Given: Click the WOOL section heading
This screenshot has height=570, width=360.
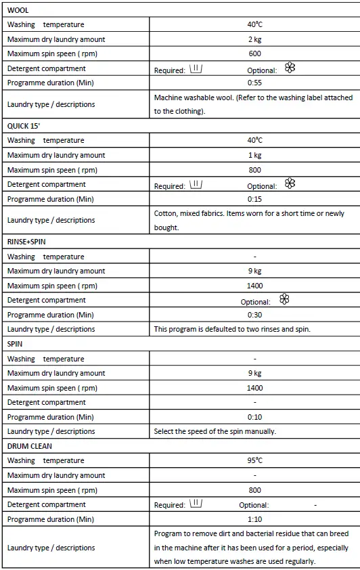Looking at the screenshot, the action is [x=18, y=10].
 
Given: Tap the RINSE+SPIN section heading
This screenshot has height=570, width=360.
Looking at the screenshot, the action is [x=27, y=242].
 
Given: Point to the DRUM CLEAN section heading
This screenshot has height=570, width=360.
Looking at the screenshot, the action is [x=30, y=446].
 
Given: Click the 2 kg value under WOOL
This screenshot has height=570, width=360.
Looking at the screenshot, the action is [x=254, y=39].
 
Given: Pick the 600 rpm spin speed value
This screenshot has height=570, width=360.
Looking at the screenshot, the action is [x=254, y=53].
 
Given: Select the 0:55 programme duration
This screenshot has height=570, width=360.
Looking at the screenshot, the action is [x=254, y=83].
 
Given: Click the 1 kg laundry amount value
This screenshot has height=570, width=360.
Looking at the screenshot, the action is [x=254, y=155].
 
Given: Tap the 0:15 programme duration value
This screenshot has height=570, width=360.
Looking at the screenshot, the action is [x=254, y=199].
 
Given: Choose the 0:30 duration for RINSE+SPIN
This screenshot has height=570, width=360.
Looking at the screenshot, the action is [x=254, y=315].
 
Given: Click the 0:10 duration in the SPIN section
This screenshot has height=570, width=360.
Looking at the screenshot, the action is [x=254, y=417].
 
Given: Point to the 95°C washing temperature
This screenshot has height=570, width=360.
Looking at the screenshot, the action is [x=254, y=460].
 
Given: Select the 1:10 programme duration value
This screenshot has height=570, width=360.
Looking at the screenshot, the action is [x=254, y=519].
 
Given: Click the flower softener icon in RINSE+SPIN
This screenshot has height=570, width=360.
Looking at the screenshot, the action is [x=284, y=299].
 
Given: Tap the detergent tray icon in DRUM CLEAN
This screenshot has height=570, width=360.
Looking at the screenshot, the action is [x=196, y=503].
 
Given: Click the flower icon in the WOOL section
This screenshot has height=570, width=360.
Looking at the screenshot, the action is [x=290, y=68].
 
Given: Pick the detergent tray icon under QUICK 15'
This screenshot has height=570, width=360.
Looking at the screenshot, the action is [x=196, y=183].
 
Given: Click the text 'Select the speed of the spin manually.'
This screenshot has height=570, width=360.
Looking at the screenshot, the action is [x=215, y=431].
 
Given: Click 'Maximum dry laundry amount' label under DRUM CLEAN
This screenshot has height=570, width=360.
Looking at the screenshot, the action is [x=56, y=475].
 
